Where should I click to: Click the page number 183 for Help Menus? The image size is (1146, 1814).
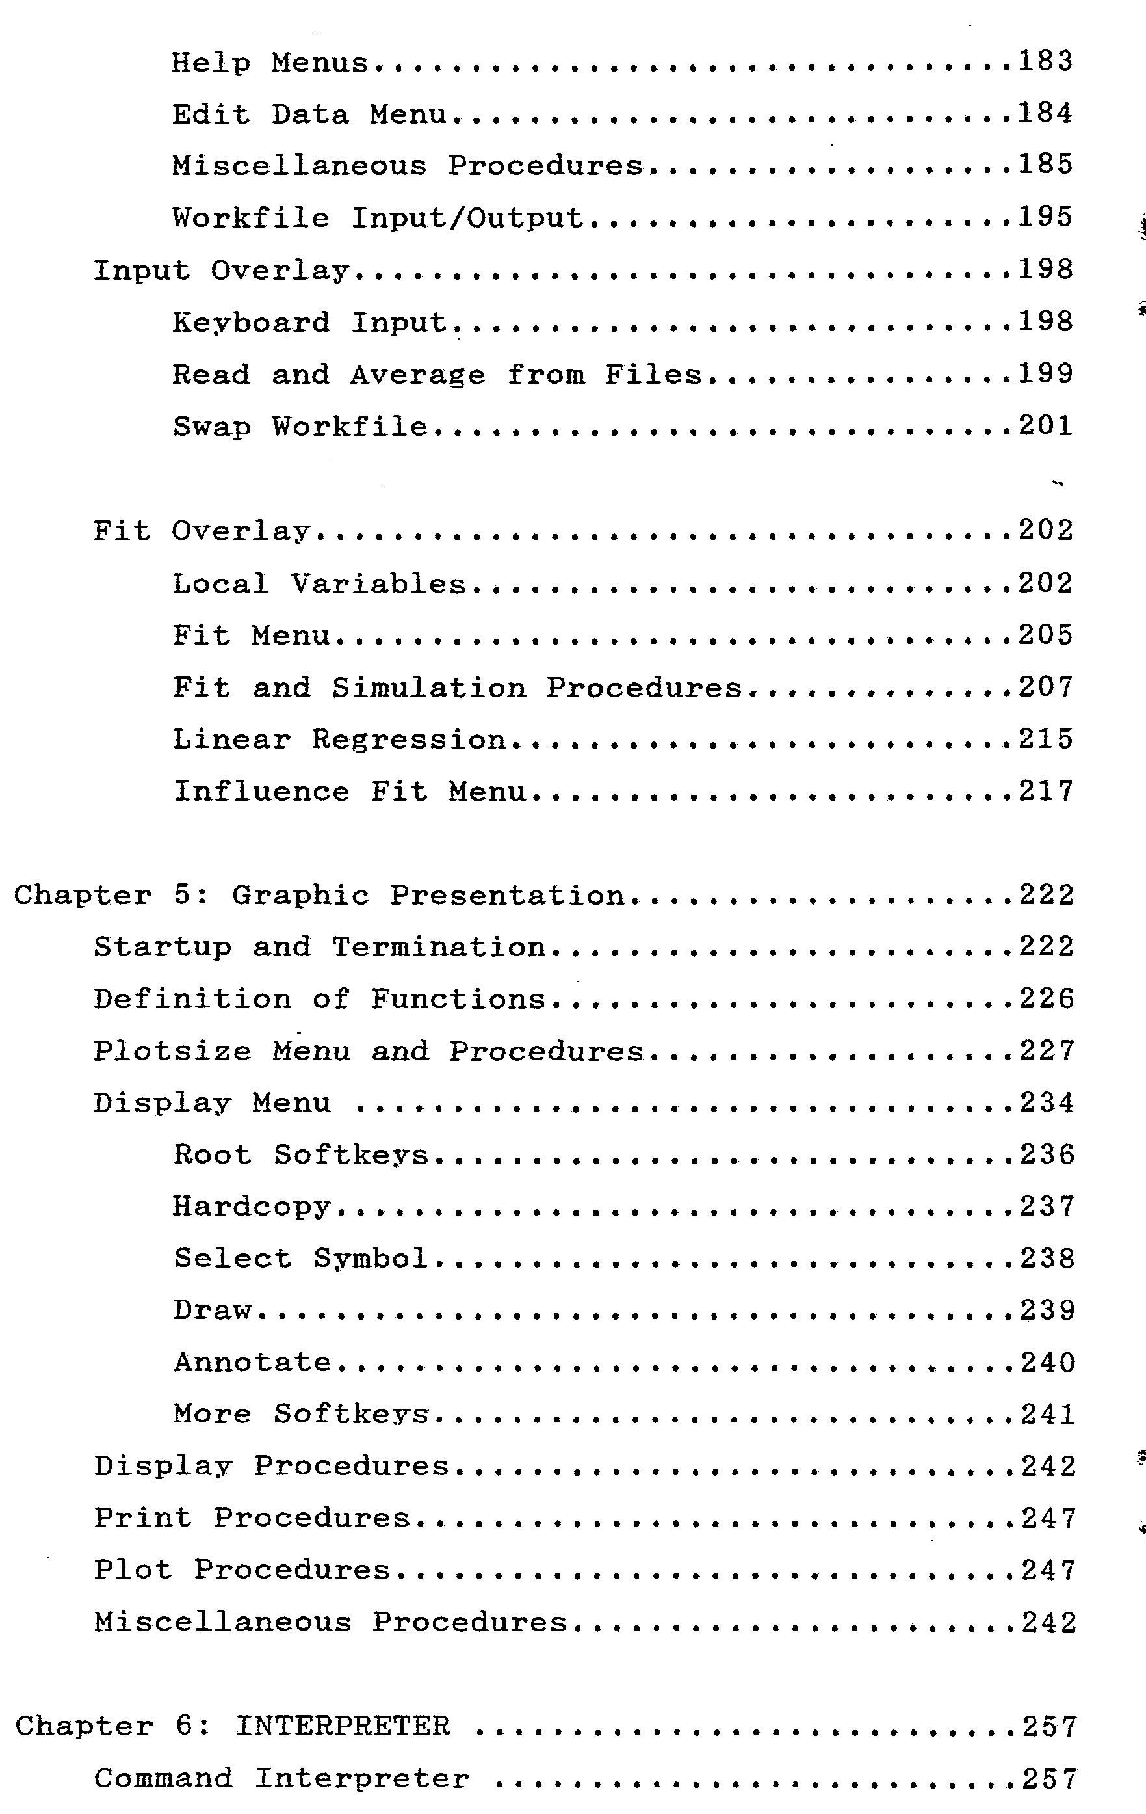[x=1045, y=62]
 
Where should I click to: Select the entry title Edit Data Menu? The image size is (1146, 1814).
[x=309, y=114]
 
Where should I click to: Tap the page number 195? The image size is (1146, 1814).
[x=1045, y=217]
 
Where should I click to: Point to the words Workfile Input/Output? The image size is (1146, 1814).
[x=377, y=219]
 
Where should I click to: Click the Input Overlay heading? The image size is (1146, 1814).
[x=220, y=271]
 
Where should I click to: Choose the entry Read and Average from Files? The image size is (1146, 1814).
[x=437, y=375]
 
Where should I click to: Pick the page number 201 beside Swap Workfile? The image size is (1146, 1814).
[x=1045, y=427]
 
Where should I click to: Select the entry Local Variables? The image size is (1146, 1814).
[x=319, y=585]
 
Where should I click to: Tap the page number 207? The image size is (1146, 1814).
[x=1045, y=687]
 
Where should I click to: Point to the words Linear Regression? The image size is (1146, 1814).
[x=339, y=740]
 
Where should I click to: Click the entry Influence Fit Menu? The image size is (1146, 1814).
[x=349, y=792]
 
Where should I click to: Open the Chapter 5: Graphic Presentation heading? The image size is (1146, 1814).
[x=319, y=896]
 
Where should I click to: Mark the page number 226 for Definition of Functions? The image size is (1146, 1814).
[x=1047, y=999]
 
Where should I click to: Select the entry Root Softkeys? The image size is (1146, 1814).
[x=300, y=1155]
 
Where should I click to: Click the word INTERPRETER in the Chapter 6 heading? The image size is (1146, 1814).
[x=343, y=1726]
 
